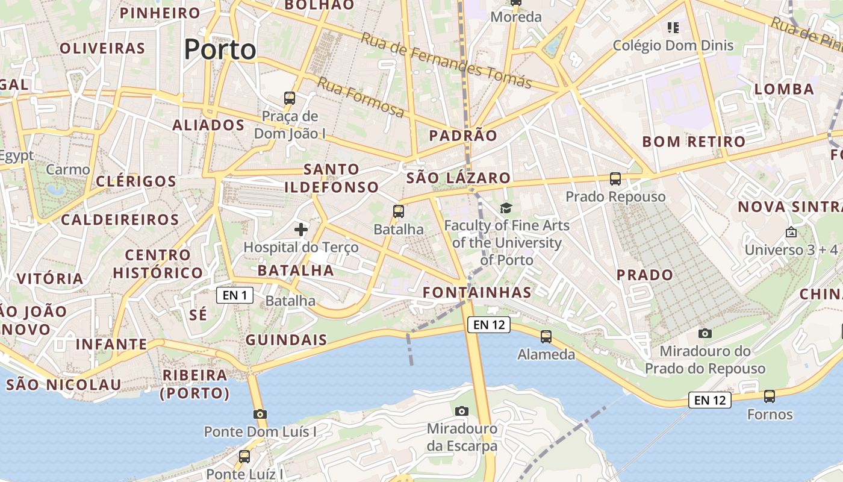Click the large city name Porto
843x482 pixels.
(220, 49)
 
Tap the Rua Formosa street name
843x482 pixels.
(361, 97)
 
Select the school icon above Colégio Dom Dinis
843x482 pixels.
(673, 27)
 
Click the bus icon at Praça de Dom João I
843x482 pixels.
(290, 98)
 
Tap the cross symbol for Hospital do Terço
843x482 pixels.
(301, 229)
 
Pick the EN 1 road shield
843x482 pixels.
(235, 295)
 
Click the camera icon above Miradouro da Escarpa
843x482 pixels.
(462, 411)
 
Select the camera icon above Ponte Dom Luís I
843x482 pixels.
(260, 414)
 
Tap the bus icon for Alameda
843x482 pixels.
(546, 336)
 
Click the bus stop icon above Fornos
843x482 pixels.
(770, 396)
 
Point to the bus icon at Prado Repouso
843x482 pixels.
(615, 178)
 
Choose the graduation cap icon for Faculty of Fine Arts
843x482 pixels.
(506, 208)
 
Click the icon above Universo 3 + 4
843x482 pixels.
(791, 232)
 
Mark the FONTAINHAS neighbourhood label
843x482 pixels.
(477, 293)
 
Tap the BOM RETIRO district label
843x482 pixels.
(694, 142)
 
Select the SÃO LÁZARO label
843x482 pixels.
(458, 178)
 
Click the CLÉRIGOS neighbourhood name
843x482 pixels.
(136, 181)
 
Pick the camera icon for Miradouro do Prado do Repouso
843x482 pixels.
(705, 333)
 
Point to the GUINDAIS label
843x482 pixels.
(287, 340)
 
